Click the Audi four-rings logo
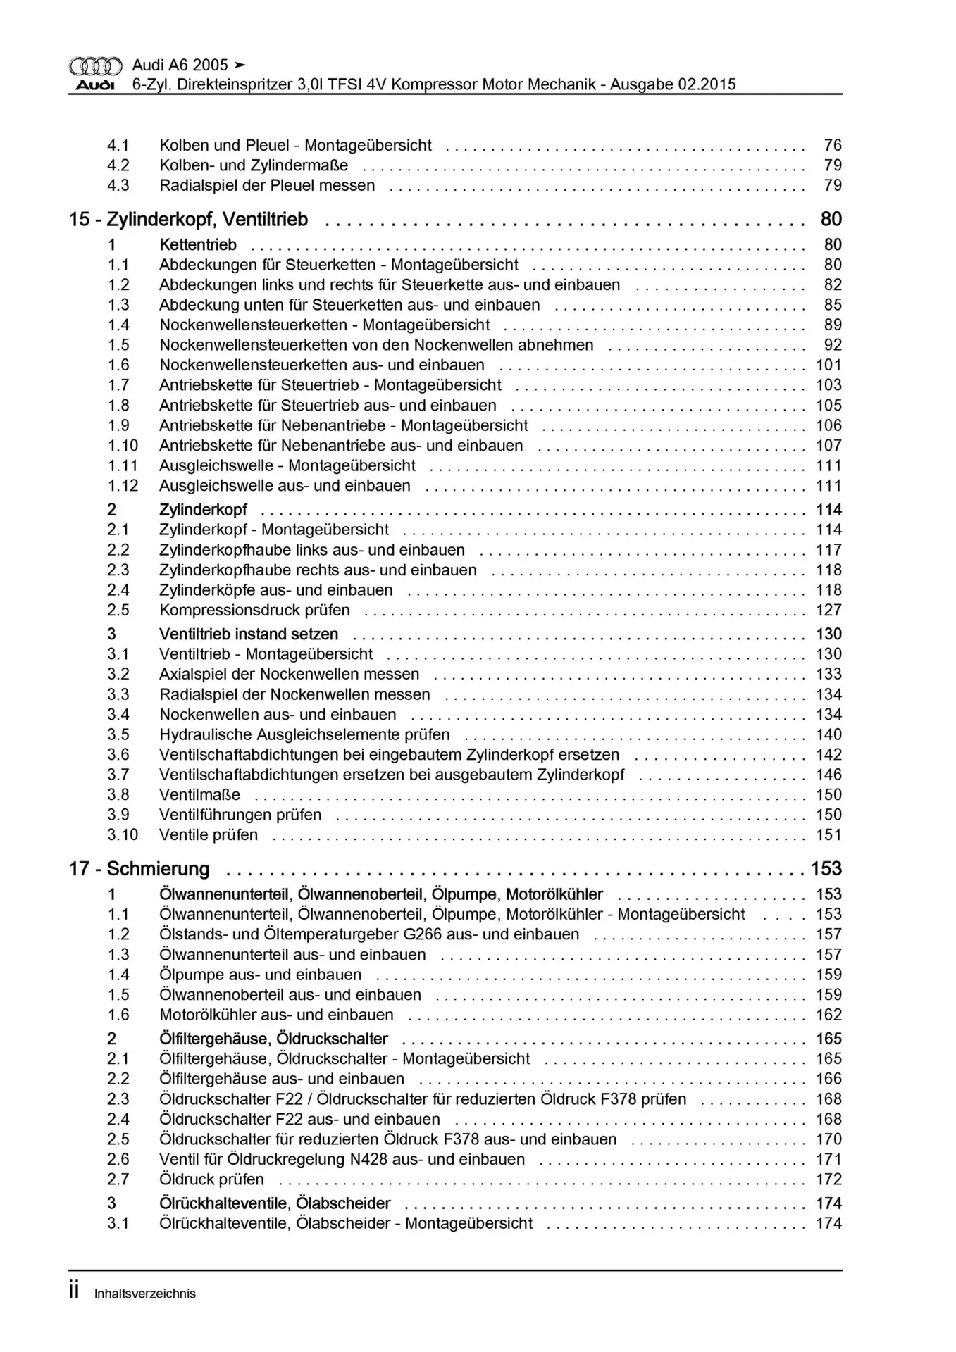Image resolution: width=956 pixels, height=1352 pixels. (x=95, y=66)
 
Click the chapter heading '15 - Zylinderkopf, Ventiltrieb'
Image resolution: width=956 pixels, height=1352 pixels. (x=188, y=220)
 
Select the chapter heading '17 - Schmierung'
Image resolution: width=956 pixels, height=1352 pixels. (x=139, y=869)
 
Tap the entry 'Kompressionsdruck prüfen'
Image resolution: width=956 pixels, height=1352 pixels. (x=254, y=611)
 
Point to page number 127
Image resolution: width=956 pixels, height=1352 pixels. (x=828, y=611)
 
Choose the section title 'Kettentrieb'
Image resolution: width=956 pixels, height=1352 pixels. (x=198, y=245)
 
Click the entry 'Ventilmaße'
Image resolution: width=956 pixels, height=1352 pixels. (x=199, y=795)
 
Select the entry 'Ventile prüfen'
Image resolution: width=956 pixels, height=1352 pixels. (x=209, y=835)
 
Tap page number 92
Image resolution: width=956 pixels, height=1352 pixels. (x=833, y=345)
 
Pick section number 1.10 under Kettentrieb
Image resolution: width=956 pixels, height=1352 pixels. (x=123, y=446)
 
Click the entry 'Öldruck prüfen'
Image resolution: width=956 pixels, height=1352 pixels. (x=211, y=1179)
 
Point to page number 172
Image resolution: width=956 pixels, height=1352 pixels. (x=828, y=1179)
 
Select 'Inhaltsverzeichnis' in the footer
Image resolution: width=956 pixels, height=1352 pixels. (x=144, y=1294)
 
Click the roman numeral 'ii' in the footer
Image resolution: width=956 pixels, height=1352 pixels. (x=74, y=1292)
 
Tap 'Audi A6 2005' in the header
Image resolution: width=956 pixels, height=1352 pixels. (x=180, y=65)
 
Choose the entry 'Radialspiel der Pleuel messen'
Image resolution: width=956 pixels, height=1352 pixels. (x=267, y=186)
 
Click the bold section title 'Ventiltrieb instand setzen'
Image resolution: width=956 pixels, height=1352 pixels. (x=249, y=634)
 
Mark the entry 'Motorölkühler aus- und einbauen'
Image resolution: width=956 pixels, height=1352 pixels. (x=276, y=1015)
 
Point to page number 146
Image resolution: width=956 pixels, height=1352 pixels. (x=828, y=775)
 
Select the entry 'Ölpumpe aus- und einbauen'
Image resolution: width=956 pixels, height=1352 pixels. (x=260, y=975)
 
